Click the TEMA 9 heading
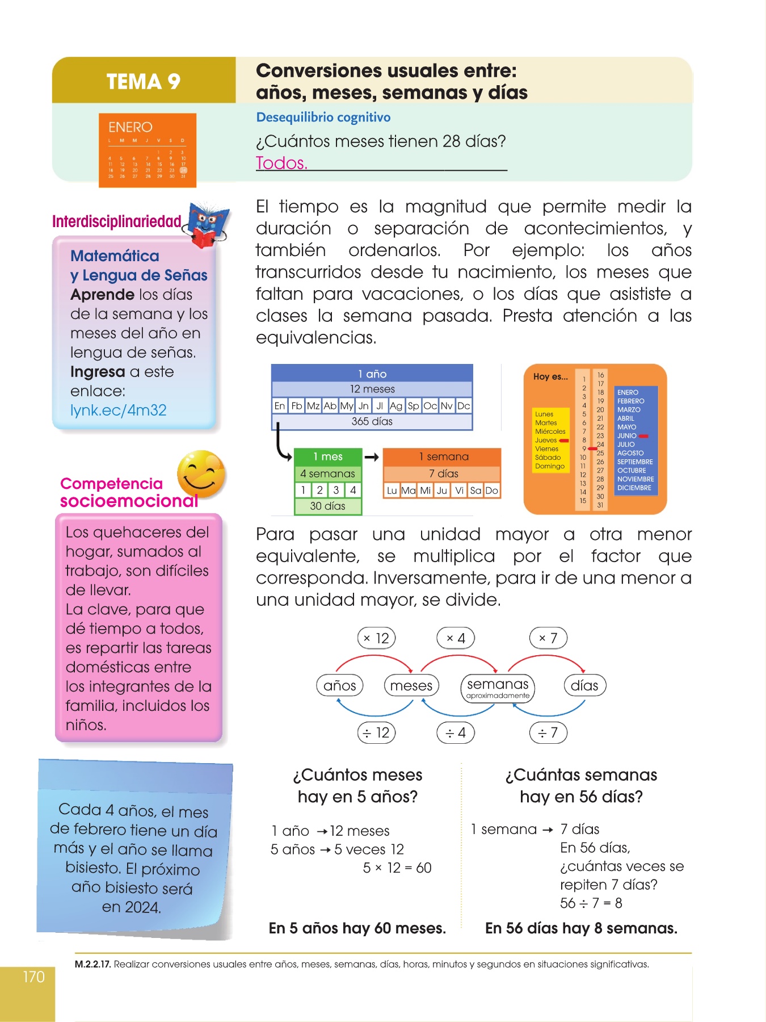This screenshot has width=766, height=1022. [x=143, y=82]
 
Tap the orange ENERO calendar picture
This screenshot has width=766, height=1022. [x=148, y=150]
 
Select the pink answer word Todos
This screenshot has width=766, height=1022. [x=281, y=163]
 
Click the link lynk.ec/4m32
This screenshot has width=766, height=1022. [x=118, y=410]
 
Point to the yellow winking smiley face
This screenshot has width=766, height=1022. [x=201, y=474]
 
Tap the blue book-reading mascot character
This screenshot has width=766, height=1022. [x=208, y=224]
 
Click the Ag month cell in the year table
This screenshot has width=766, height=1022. [x=396, y=406]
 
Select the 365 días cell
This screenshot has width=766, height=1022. [x=372, y=421]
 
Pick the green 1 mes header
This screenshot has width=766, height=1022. [x=328, y=456]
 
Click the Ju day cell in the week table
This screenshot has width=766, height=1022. [x=442, y=491]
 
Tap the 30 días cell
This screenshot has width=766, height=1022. [x=327, y=506]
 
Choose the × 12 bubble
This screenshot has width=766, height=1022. [x=376, y=638]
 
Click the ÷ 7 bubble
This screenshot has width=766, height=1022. [x=548, y=733]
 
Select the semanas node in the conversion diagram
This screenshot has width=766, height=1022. [x=498, y=687]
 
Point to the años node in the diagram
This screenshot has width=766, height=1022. [x=339, y=686]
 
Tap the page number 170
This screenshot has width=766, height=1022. [x=33, y=977]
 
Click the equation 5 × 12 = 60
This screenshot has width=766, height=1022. [x=397, y=868]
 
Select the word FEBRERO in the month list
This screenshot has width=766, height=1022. [x=630, y=401]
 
